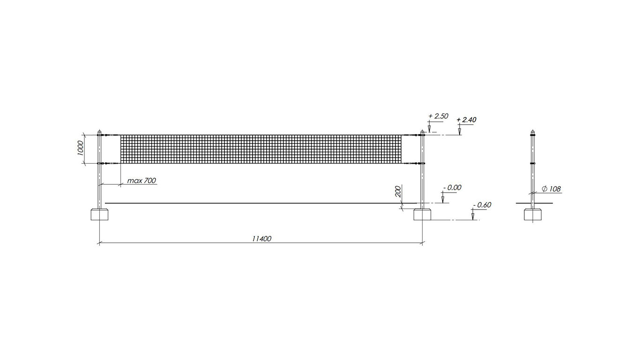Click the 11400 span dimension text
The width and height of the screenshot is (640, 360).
[261, 239]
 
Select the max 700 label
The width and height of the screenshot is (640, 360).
[141, 181]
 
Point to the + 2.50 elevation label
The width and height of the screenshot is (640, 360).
[438, 116]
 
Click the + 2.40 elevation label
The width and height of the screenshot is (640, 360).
[466, 120]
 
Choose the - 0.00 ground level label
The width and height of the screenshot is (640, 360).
[452, 187]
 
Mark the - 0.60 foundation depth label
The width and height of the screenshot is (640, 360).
[482, 205]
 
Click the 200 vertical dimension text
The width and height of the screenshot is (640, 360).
[398, 191]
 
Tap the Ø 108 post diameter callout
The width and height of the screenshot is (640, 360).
[551, 189]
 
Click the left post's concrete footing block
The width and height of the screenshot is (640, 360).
[99, 215]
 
